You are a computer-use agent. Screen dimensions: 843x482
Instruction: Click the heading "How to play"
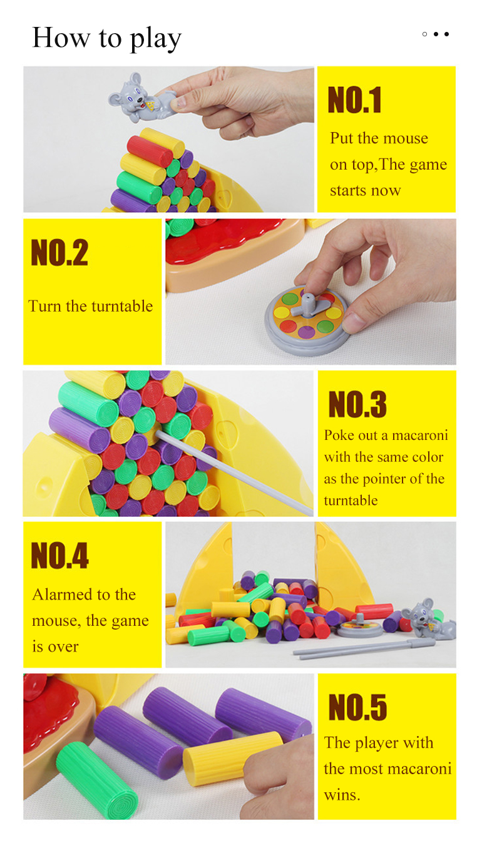tap(106, 38)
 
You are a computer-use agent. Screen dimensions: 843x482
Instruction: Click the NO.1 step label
tap(354, 101)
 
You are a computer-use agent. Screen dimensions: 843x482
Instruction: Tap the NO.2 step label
tap(59, 253)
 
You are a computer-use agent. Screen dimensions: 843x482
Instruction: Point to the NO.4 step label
tap(59, 556)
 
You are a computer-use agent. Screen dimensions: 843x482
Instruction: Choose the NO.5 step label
tap(357, 708)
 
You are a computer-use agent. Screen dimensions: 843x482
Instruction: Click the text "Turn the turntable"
tap(91, 306)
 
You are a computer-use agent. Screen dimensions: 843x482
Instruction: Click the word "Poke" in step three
tap(338, 436)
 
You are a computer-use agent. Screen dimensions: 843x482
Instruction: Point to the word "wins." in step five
tap(342, 795)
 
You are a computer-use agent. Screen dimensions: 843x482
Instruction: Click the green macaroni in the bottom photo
tap(98, 779)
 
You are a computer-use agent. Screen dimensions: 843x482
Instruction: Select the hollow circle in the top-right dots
tap(424, 34)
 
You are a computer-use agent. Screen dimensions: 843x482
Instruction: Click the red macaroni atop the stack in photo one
tap(150, 150)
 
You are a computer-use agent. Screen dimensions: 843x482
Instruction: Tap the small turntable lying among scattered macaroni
tap(360, 628)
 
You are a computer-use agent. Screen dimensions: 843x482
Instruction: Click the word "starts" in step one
tap(348, 190)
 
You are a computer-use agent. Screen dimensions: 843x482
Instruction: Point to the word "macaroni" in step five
tap(419, 769)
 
